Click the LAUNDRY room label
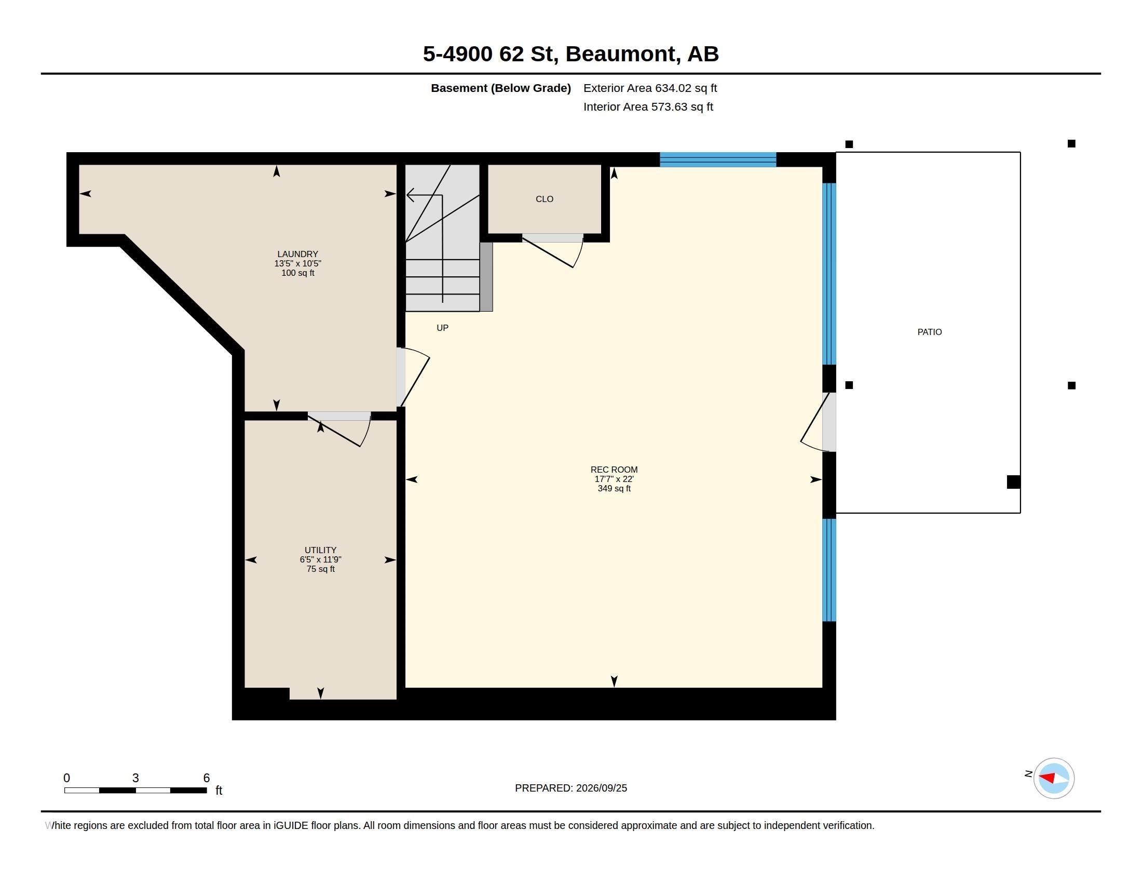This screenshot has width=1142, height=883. tap(297, 254)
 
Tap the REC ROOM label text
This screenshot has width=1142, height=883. tap(614, 470)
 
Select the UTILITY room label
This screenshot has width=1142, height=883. tap(320, 550)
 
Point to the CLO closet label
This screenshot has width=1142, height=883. tap(545, 199)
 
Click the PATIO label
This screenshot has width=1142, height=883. tap(930, 332)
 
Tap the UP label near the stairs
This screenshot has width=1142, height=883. tap(442, 328)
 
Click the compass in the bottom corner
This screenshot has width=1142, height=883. tap(1054, 779)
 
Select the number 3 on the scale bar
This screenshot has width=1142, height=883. tap(135, 778)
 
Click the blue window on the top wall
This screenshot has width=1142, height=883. tap(718, 159)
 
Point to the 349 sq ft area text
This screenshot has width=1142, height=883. tap(614, 489)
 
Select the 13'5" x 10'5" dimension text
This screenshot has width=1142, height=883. tap(297, 264)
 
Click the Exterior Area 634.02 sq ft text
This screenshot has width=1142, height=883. tap(650, 88)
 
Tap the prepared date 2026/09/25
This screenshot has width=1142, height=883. tap(601, 788)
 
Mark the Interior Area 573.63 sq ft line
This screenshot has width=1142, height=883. tap(648, 107)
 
